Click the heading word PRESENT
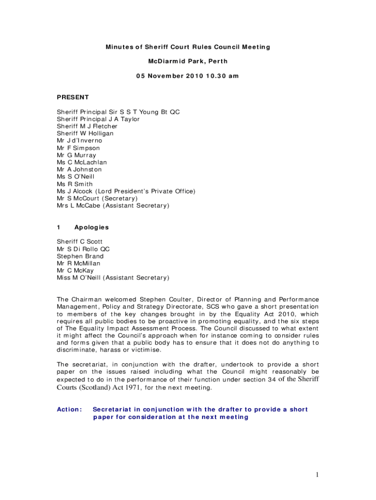click(x=73, y=97)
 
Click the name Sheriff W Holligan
click(x=85, y=133)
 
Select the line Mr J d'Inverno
click(x=80, y=141)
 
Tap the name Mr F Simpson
click(x=78, y=148)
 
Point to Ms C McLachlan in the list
click(x=82, y=162)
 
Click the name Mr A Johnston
click(x=79, y=169)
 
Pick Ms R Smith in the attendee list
click(x=75, y=184)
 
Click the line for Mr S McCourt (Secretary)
click(x=97, y=198)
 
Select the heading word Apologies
click(x=91, y=228)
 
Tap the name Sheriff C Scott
click(x=80, y=242)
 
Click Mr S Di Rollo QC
click(x=84, y=249)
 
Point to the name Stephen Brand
click(x=80, y=256)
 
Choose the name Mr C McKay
click(x=75, y=271)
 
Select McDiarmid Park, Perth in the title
click(x=188, y=62)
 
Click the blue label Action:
click(x=70, y=410)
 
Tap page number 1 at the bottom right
click(x=317, y=475)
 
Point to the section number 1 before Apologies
click(x=59, y=228)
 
